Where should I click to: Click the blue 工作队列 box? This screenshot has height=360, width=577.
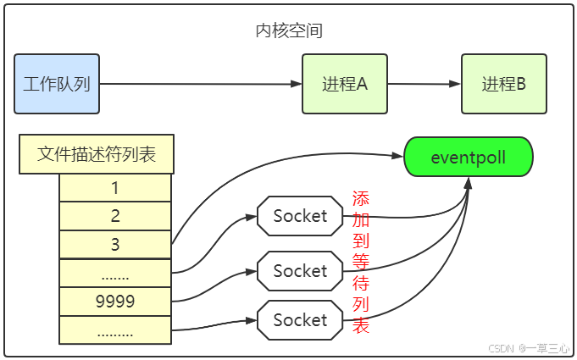57,84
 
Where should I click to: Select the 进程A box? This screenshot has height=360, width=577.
344,84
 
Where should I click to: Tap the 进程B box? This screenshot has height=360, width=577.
503,84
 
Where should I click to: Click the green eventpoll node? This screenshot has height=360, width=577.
468,157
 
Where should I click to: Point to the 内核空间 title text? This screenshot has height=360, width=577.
289,31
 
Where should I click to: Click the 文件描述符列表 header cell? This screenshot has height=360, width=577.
97,154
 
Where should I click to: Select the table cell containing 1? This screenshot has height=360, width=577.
115,187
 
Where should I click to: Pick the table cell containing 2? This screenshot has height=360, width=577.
115,216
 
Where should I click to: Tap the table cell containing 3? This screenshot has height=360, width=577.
115,244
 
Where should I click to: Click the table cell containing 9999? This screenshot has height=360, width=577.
115,301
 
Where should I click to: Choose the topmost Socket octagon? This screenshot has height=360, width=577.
300,216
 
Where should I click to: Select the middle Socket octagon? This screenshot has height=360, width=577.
300,271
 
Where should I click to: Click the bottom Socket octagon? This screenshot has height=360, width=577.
300,320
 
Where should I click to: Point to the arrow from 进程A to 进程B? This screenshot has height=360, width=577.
424,84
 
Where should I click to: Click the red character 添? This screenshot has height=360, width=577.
361,199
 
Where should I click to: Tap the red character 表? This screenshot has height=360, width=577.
361,325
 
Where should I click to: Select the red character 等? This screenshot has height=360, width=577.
361,262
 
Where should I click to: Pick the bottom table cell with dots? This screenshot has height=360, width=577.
115,330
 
